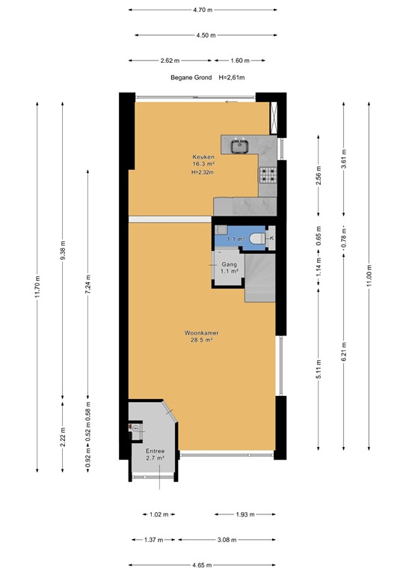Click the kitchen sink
point(240,145)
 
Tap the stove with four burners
point(268,175)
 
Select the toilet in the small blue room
point(256,238)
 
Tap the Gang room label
point(229,264)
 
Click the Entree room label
point(155,451)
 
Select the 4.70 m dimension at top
point(203,10)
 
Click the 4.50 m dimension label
point(206,35)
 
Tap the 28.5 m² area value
point(203,340)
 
